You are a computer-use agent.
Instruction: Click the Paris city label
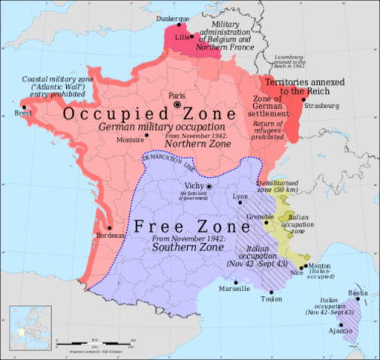coord(176,95)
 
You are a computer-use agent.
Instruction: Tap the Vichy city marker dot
coord(210,186)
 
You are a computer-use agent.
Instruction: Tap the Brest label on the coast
coord(14,114)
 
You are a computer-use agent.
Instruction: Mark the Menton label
coord(319,265)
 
